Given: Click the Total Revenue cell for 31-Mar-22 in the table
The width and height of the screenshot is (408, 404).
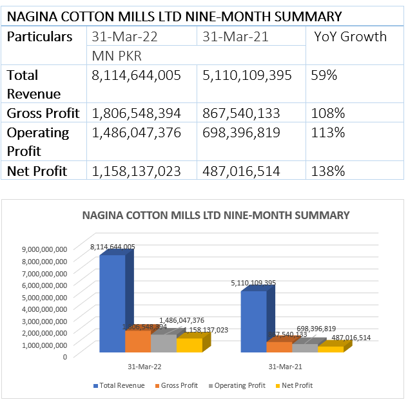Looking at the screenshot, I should click(x=136, y=75).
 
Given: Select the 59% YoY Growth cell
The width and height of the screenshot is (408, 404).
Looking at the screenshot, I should click(x=324, y=75).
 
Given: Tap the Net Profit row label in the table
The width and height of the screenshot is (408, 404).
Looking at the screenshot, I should click(x=37, y=171).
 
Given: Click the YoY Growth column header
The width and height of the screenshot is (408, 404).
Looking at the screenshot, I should click(x=350, y=37).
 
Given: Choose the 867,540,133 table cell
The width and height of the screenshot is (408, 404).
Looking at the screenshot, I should click(x=241, y=113).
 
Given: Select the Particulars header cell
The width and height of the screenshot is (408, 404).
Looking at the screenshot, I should click(x=40, y=37).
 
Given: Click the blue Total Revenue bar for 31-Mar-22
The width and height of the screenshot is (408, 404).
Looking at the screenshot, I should click(x=112, y=303).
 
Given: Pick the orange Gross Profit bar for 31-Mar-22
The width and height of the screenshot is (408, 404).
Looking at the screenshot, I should click(x=137, y=341).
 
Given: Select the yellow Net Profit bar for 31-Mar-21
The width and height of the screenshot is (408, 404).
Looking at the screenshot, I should click(x=331, y=349).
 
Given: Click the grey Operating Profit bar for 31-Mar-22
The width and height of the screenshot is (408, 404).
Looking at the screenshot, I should click(x=163, y=343).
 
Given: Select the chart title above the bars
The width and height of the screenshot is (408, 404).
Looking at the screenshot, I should click(x=216, y=215).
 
